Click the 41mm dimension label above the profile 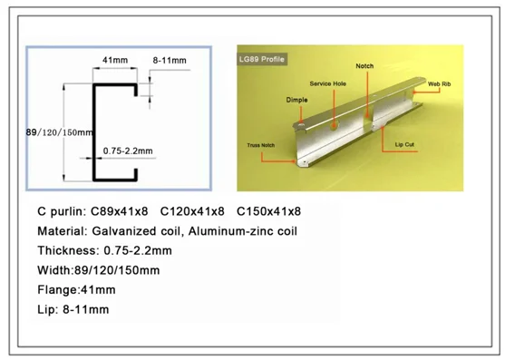coord(115,60)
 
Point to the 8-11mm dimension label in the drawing coord(170,60)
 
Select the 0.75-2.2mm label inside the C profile coord(128,151)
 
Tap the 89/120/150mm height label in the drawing coord(60,132)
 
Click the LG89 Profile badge coord(262,59)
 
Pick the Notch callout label coord(364,66)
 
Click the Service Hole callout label coord(328,83)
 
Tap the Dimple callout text coord(297,100)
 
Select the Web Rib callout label coord(440,84)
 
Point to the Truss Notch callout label coord(261,145)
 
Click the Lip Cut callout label coord(404,144)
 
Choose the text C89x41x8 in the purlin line coord(120,211)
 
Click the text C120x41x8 coord(192,211)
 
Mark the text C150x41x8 coord(269,211)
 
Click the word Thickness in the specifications coord(69,250)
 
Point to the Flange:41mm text coord(76,289)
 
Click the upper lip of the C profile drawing coord(136,90)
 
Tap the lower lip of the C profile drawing coord(136,174)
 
